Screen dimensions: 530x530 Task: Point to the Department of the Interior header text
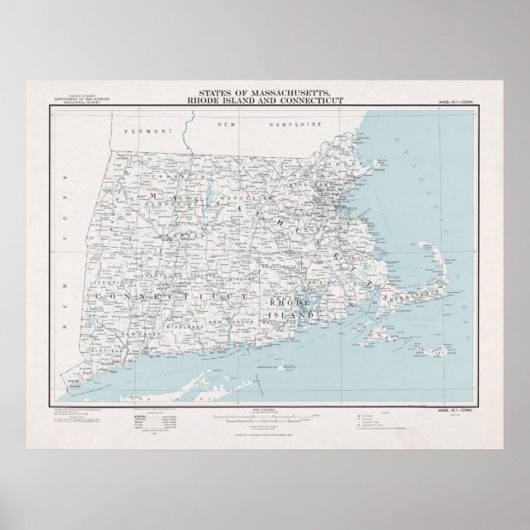click(x=73, y=100)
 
